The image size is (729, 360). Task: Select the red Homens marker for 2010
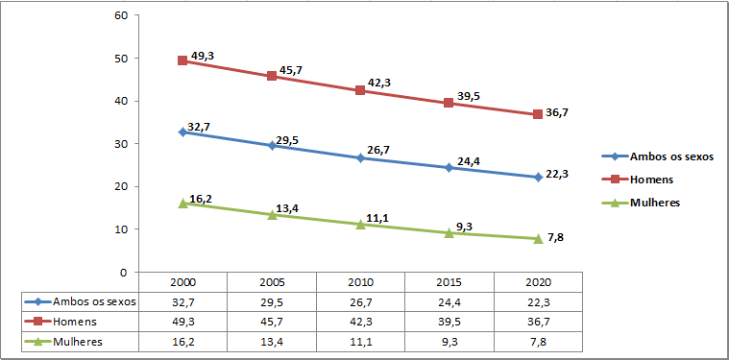[360, 90]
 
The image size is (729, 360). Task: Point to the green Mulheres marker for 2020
[538, 238]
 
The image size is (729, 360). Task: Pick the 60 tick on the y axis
[120, 15]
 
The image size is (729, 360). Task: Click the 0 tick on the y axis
[124, 272]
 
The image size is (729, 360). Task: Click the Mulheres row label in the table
[78, 341]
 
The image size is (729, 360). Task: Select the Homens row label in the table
[76, 322]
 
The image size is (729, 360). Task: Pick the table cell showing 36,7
[538, 322]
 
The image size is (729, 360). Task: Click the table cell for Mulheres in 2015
[450, 341]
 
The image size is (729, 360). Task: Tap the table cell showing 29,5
[272, 301]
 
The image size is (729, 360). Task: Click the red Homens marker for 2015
[449, 103]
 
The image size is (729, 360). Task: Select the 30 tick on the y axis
[120, 144]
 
